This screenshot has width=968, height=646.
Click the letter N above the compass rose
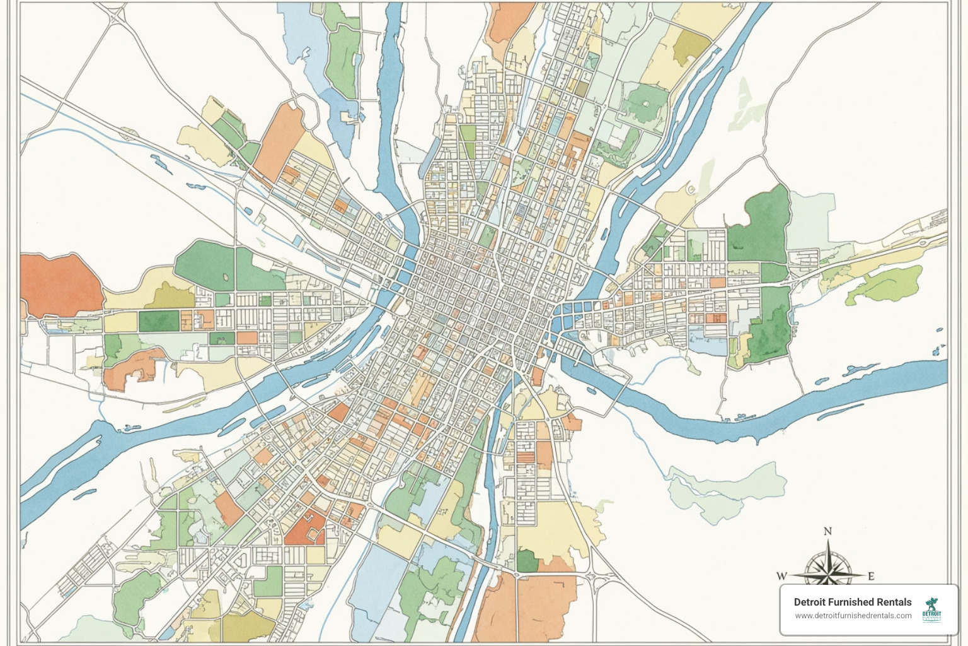point(827,531)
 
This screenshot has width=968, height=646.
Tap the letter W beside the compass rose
point(781,575)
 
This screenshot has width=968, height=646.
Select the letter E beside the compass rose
point(872,575)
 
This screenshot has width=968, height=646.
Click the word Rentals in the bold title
point(894,602)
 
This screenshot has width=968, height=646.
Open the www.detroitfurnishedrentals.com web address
point(853,616)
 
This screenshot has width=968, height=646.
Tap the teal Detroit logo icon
point(931,609)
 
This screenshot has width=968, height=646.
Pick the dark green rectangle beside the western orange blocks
point(159,320)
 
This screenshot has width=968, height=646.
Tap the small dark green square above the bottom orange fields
point(528,560)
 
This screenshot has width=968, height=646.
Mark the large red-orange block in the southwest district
point(304,529)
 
